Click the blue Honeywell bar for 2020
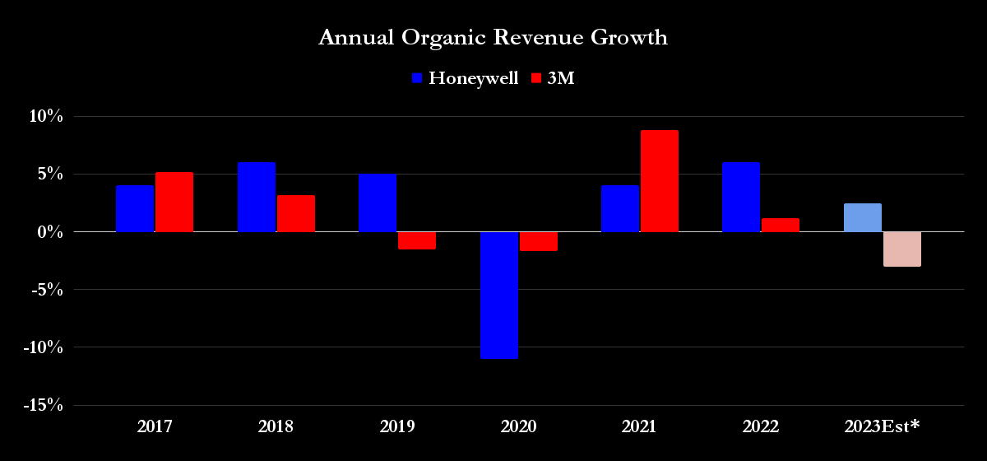[499, 295]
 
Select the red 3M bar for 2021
[660, 181]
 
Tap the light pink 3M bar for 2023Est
[901, 249]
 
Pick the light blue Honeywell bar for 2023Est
[862, 217]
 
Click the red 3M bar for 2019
[416, 240]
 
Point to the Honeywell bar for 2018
[257, 198]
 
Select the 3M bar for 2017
[174, 202]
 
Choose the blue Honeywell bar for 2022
[741, 198]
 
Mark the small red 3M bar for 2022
[781, 225]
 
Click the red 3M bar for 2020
[538, 241]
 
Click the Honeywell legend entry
[465, 78]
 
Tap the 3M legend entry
[552, 78]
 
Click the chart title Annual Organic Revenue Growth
[493, 38]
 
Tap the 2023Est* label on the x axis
[882, 426]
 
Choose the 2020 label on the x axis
[518, 426]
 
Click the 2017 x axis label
[155, 426]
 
